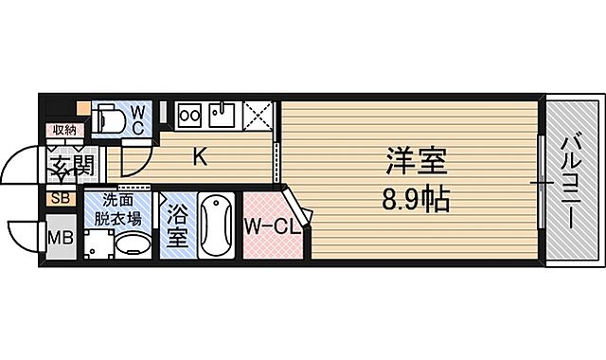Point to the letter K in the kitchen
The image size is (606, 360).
tap(200, 157)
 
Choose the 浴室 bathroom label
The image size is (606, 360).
tap(176, 227)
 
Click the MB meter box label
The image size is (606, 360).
tap(59, 238)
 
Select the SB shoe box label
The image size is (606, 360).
tap(59, 198)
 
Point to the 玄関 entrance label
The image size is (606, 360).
tap(69, 167)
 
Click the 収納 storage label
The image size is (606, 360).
tap(63, 130)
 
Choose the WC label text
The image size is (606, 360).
tap(137, 118)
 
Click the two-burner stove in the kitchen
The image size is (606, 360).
tap(189, 115)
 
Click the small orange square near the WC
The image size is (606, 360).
tap(83, 108)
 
